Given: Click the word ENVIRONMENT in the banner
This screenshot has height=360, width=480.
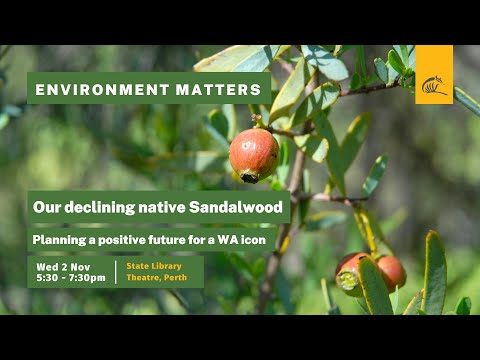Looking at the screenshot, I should (x=92, y=90).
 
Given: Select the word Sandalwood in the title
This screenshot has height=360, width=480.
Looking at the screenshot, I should (x=241, y=208).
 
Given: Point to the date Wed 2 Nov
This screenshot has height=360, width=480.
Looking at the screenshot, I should (x=64, y=266).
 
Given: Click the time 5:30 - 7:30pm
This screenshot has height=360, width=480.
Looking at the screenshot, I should (x=70, y=278).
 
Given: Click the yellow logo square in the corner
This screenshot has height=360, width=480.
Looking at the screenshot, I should (x=434, y=75).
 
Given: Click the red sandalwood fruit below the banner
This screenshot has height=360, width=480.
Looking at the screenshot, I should (x=254, y=154).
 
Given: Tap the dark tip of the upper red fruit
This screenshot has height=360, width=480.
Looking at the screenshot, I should (x=249, y=177).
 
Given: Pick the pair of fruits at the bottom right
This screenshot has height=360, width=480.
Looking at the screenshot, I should (x=370, y=272).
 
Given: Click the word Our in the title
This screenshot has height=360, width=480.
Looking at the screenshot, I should (x=46, y=208).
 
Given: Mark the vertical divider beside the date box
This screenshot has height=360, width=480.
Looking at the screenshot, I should (x=116, y=272).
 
